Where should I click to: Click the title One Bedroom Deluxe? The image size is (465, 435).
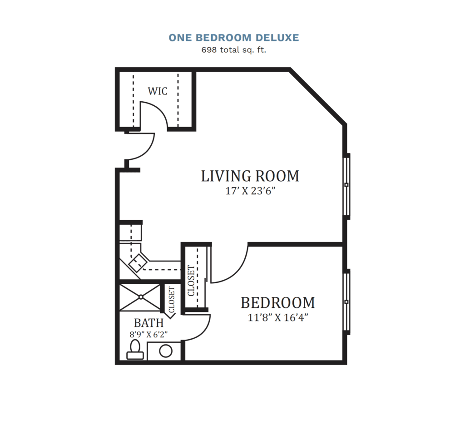(x=234, y=38)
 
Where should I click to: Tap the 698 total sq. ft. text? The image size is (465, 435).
(x=234, y=50)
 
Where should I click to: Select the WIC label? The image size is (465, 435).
(x=158, y=91)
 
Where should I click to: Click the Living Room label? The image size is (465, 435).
(x=250, y=176)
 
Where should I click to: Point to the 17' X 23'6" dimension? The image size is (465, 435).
(x=250, y=191)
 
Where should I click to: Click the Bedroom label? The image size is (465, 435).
(x=277, y=303)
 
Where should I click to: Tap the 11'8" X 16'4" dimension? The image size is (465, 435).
(x=278, y=317)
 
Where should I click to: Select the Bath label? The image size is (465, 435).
(x=148, y=323)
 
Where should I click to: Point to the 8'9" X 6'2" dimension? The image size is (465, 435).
(x=148, y=335)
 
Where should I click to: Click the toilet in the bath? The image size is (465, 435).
(x=135, y=350)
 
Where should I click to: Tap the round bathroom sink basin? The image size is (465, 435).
(x=165, y=351)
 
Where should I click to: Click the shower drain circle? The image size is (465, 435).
(x=141, y=297)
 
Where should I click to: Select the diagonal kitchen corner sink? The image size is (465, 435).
(x=139, y=262)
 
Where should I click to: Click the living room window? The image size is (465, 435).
(x=346, y=186)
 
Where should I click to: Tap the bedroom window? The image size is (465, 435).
(x=346, y=302)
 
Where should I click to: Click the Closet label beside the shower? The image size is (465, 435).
(x=172, y=300)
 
